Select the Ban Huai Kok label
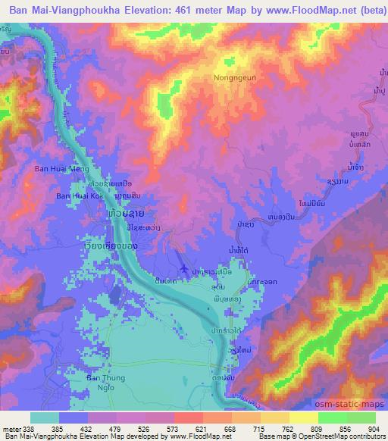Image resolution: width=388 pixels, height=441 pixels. coord(78,196)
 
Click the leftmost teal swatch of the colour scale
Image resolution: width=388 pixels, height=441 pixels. coord(45,418)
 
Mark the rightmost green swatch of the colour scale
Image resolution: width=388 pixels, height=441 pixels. coord(361,418)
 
